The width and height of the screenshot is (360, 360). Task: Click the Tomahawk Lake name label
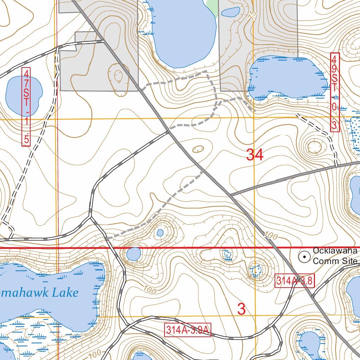pos(39,292)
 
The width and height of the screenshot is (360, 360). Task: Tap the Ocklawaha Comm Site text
pos(335,256)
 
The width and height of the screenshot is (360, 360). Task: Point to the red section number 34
pos(255,155)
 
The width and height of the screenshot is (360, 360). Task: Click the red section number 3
pos(241,309)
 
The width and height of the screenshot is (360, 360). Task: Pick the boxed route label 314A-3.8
pos(294,281)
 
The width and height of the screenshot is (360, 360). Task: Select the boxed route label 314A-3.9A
pos(187,330)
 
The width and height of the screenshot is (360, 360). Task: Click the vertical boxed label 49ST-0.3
pos(335,92)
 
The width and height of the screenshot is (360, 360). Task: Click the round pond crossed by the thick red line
pos(134,254)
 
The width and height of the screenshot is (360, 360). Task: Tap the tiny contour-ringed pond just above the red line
pos(160,233)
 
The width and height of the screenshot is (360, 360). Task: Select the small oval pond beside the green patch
pos(231,12)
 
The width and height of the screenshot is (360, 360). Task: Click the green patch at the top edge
pos(213,6)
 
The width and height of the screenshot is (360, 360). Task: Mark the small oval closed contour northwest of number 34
pos(198,149)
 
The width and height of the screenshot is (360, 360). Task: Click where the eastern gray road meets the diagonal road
pos(230,194)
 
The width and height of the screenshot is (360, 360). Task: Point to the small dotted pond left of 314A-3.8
pos(257,270)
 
